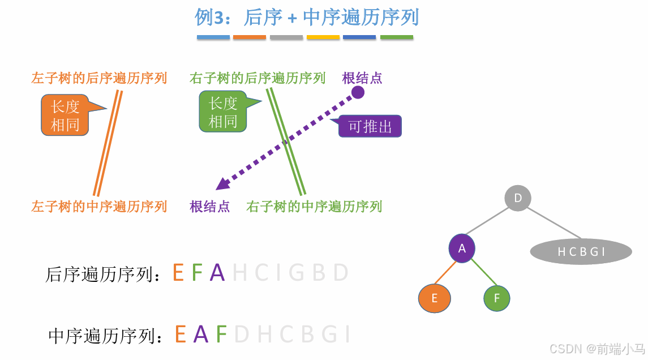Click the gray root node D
tap(517, 198)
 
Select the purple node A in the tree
tap(462, 248)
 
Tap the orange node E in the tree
tap(435, 298)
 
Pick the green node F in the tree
tap(497, 298)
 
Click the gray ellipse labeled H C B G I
tap(581, 252)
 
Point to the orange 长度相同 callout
tap(65, 115)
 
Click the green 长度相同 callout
tap(223, 112)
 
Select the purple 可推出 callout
tap(370, 126)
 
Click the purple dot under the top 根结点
tap(358, 92)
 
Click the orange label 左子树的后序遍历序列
tap(99, 78)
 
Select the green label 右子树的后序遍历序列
tap(258, 78)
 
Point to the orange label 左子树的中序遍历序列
tap(99, 207)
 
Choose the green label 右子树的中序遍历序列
tap(314, 207)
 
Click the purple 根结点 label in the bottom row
tap(210, 207)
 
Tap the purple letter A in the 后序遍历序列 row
tap(217, 273)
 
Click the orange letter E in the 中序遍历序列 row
tap(181, 335)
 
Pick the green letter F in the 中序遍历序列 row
tap(221, 335)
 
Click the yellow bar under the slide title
tap(323, 37)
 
